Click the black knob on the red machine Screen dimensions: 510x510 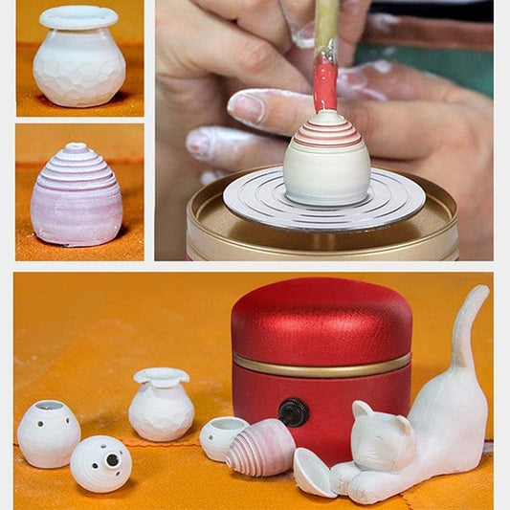pos(293,412)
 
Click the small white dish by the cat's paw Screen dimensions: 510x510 pos(314,473)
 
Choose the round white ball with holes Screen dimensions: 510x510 pos(100,463)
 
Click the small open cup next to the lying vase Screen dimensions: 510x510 pos(221,436)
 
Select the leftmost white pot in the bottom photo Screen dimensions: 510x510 pos(48,433)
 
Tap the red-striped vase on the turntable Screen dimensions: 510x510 pos(326,161)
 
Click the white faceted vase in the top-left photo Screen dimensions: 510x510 pos(78,67)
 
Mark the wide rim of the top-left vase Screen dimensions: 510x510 pos(78,17)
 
